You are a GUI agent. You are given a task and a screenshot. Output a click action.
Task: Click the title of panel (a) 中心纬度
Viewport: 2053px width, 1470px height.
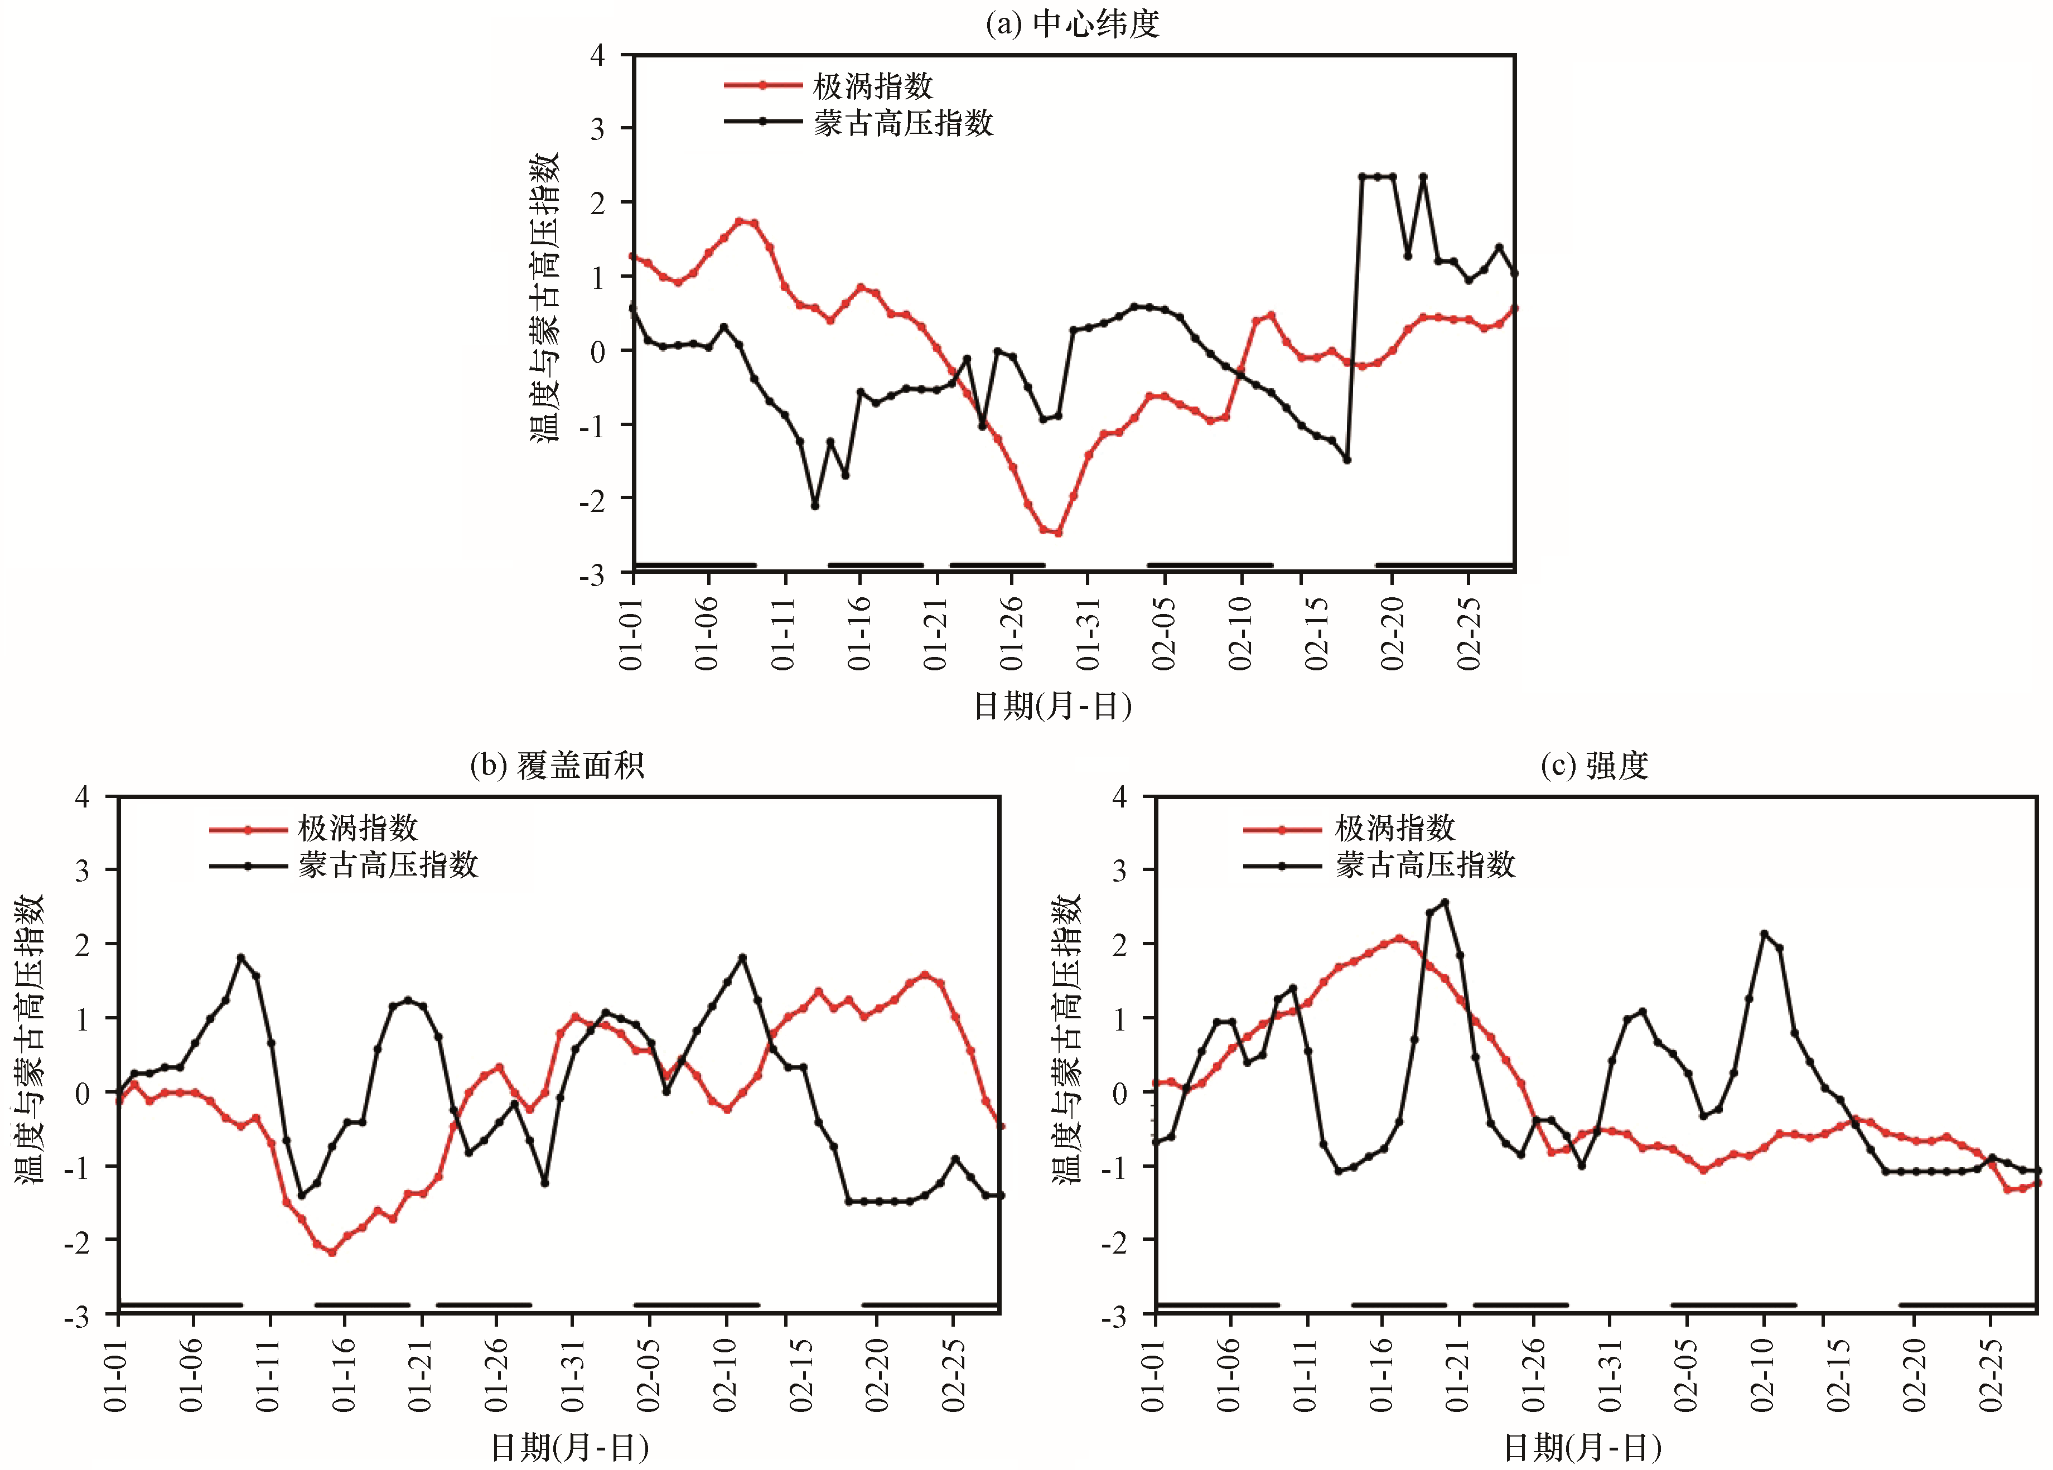1072,23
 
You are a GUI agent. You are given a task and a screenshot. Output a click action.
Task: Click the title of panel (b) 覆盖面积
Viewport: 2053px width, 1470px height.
557,766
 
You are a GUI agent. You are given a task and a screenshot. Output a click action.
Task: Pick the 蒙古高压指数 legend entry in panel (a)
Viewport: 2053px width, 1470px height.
902,123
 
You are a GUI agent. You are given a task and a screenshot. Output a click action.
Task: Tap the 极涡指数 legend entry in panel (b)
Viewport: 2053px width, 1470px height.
358,828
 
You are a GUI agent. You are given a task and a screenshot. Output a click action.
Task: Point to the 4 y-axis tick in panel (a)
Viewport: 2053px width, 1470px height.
597,55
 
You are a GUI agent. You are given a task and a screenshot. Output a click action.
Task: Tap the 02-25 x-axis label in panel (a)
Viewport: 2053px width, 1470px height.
1469,634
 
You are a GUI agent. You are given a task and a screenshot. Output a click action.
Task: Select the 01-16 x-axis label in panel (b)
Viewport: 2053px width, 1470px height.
344,1375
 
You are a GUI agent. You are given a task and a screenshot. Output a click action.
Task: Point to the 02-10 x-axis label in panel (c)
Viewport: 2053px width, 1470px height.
1762,1375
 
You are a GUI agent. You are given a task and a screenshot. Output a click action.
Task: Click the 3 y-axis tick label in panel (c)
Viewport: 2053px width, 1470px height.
1120,871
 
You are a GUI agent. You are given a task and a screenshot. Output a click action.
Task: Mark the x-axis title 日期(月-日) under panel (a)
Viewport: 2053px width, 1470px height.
1052,706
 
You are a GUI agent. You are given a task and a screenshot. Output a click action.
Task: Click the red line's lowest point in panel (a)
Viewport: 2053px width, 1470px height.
1058,533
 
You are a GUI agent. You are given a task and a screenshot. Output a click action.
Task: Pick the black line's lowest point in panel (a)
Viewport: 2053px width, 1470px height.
815,506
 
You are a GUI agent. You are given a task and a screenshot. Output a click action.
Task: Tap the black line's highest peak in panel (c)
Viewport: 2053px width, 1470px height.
1445,902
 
